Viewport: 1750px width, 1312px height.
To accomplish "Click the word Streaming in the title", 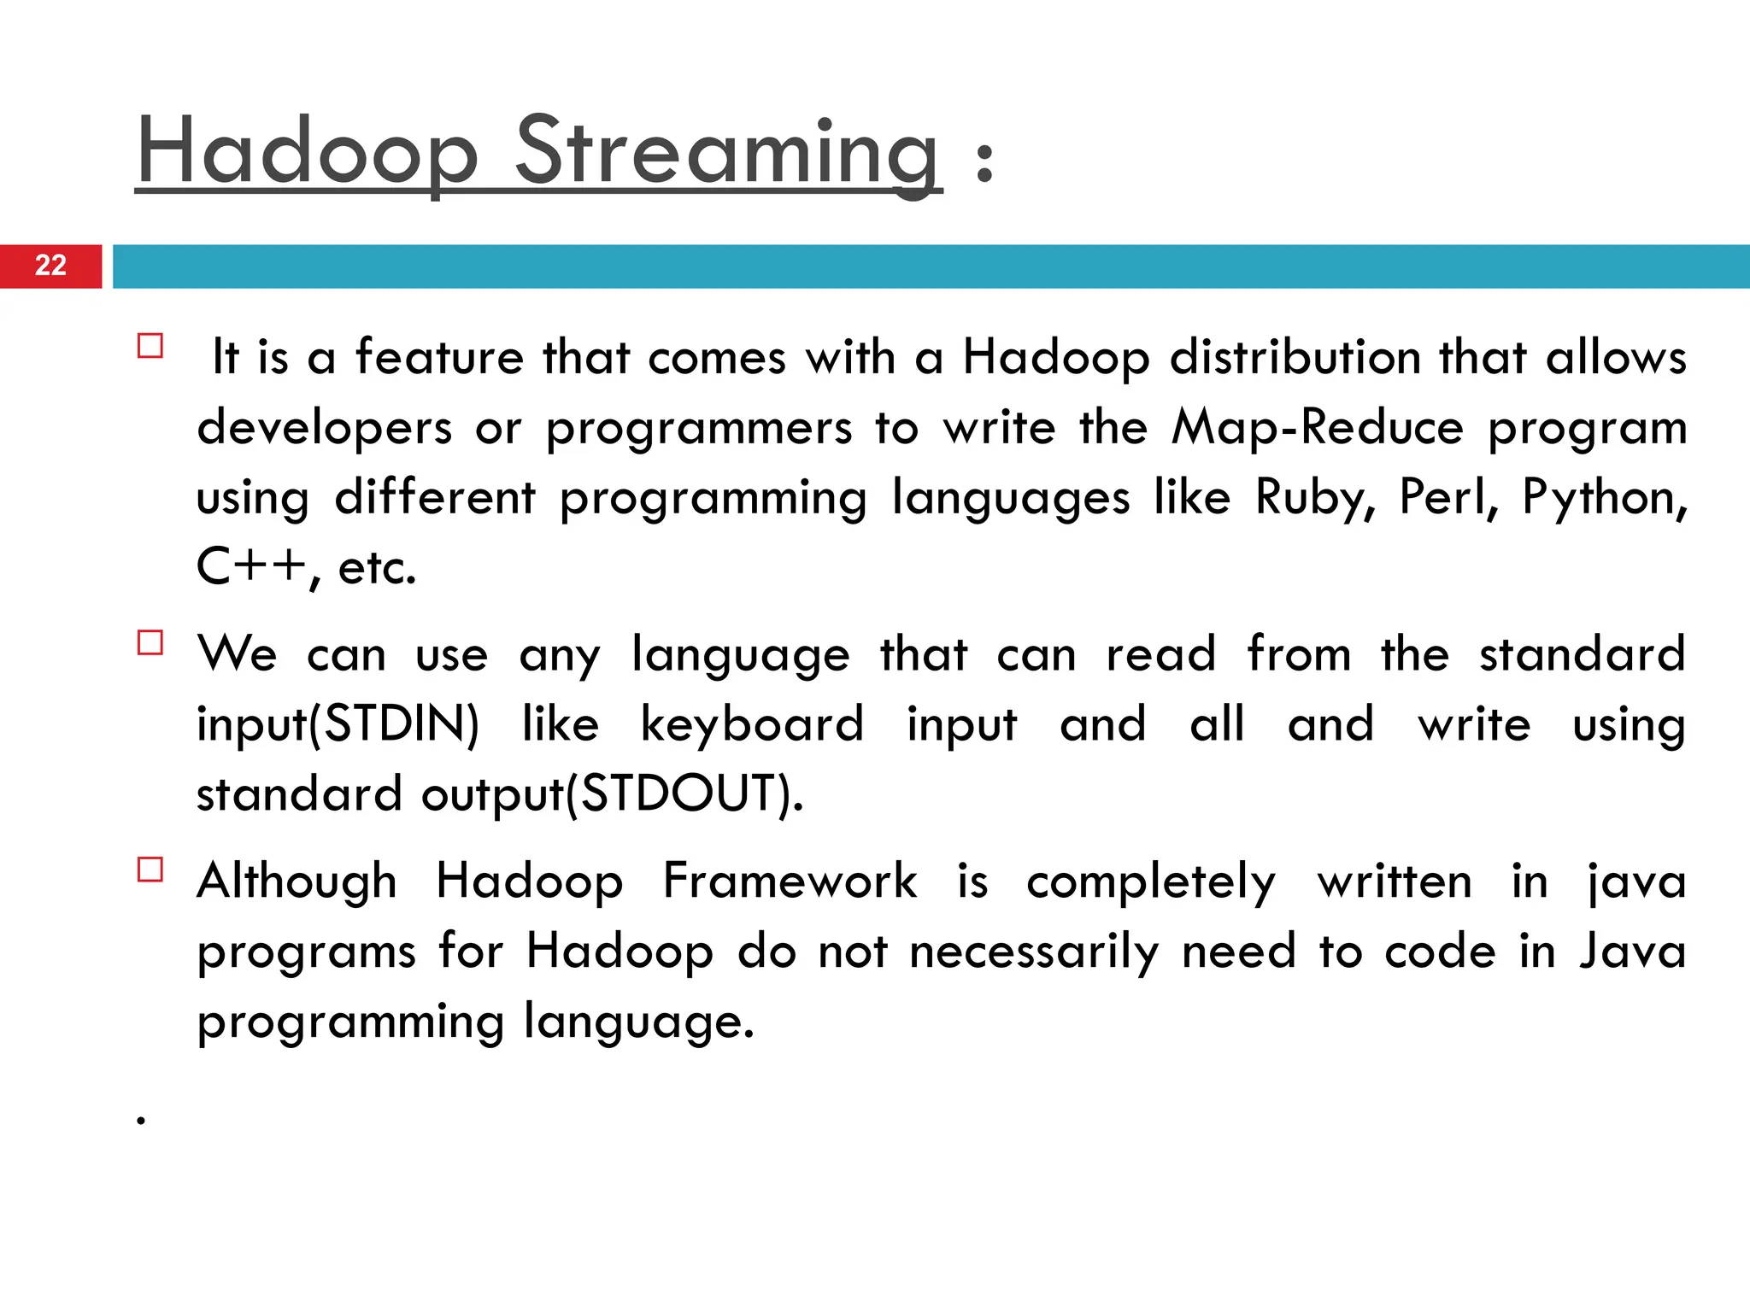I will click(x=727, y=153).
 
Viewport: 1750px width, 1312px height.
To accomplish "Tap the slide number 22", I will click(x=50, y=266).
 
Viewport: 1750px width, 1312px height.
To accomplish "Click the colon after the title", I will click(x=984, y=162).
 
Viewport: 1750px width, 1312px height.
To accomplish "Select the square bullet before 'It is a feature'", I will click(x=150, y=346).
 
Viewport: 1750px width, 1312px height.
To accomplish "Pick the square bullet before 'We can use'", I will click(x=150, y=642).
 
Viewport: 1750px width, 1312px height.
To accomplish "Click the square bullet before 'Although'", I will click(x=150, y=870).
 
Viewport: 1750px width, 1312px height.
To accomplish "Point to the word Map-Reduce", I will click(x=1317, y=427).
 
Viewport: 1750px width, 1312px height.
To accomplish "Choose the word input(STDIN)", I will click(x=338, y=725).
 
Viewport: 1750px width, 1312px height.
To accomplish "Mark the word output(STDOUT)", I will click(x=612, y=794).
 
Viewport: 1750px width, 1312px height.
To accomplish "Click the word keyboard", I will click(x=752, y=725).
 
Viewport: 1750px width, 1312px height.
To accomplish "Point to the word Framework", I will click(x=790, y=881).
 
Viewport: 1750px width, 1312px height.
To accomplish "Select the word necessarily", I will click(x=1034, y=952).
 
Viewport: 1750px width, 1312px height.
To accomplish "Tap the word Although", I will click(x=297, y=881).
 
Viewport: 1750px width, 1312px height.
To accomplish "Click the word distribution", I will click(x=1295, y=357).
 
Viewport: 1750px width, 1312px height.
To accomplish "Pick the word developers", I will click(x=324, y=427).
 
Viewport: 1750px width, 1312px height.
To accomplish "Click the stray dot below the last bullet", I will click(x=141, y=1120).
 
